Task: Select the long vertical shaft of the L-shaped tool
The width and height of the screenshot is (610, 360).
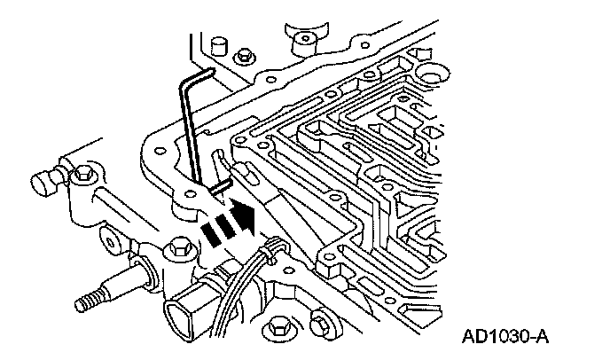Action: [x=189, y=133]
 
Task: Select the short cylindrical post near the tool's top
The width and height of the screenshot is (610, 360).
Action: [x=215, y=47]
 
